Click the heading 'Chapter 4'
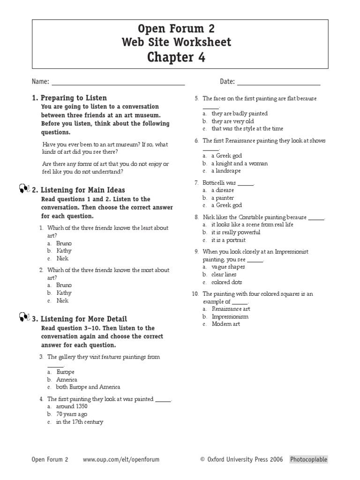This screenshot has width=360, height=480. point(176,57)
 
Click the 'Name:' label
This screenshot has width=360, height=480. point(40,82)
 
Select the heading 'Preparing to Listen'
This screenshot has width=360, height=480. point(74,98)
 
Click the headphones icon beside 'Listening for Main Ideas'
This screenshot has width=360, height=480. point(25,189)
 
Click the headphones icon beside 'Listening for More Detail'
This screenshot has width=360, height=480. point(25,318)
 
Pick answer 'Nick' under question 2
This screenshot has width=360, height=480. point(62,300)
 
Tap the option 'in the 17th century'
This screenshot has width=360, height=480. point(80,422)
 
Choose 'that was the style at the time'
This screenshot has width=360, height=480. point(247,128)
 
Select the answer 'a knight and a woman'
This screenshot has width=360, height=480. point(240,164)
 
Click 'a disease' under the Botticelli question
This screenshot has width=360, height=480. point(223,190)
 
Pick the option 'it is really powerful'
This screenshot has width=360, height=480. point(236,232)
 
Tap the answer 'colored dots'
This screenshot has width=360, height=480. point(227,282)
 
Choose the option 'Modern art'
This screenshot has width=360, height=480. point(226,324)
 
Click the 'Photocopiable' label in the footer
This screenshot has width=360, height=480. point(308,459)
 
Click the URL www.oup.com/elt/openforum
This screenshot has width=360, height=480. point(121,459)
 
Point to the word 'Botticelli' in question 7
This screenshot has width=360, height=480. point(216,183)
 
